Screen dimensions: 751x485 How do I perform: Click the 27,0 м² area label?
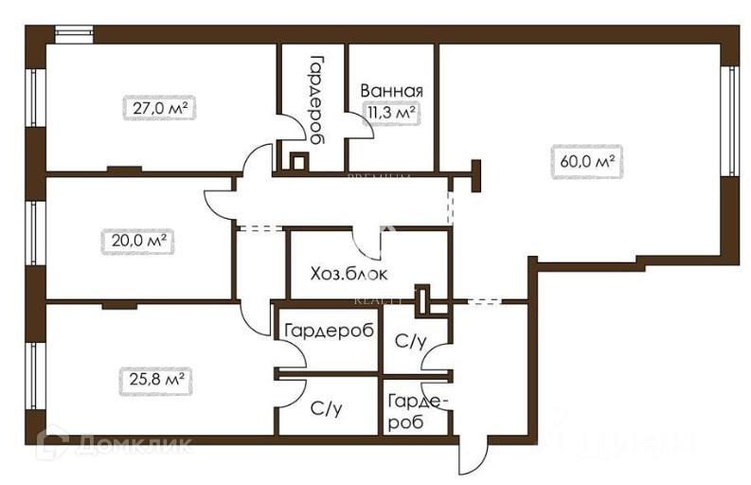[x=158, y=108]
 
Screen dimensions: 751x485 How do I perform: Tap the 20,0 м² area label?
[x=134, y=241]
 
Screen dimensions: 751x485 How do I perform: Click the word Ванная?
[x=390, y=91]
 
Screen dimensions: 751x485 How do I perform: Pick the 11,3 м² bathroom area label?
[x=392, y=114]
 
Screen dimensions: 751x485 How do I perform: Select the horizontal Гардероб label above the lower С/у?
[x=328, y=331]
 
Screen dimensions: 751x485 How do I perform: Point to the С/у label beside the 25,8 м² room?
[x=326, y=410]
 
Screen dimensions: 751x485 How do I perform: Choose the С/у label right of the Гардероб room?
[x=409, y=340]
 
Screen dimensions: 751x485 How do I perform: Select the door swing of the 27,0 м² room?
[x=255, y=162]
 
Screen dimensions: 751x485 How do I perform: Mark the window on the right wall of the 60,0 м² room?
[x=728, y=120]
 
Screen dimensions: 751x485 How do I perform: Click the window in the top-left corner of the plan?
[x=75, y=34]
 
